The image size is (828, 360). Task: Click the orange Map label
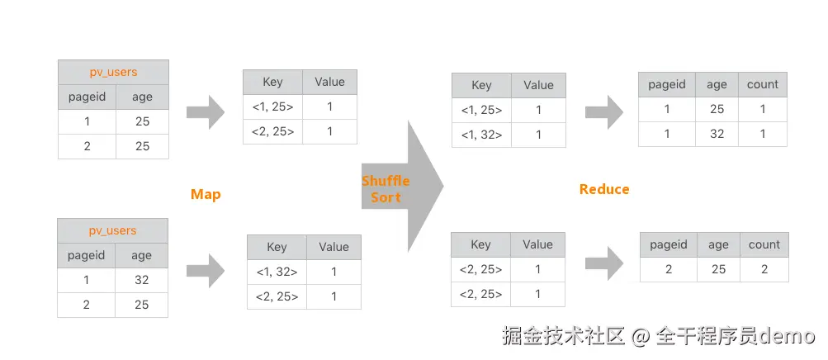[x=206, y=194]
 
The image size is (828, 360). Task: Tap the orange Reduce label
[x=604, y=189]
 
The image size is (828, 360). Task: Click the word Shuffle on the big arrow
[x=386, y=181]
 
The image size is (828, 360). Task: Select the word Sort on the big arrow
[x=386, y=197]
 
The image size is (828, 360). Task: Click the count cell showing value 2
[x=764, y=269]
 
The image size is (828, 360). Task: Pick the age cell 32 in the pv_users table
[x=141, y=280]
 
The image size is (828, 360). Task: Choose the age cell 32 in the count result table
[x=717, y=134]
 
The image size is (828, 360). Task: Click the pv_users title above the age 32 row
[x=112, y=230]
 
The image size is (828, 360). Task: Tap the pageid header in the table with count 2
[x=669, y=244]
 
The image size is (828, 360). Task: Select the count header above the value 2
[x=764, y=244]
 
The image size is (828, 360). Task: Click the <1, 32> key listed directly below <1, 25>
[x=481, y=135]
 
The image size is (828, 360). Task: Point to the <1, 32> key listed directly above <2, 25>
[x=277, y=272]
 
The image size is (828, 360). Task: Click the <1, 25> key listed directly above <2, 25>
[x=272, y=107]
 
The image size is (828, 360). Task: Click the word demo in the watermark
[x=788, y=335]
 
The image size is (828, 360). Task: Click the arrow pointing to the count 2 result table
[x=604, y=263]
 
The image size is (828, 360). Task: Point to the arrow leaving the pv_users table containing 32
[x=206, y=271]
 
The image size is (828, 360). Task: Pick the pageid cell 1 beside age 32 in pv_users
[x=86, y=280]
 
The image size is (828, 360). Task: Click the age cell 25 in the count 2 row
[x=718, y=269]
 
